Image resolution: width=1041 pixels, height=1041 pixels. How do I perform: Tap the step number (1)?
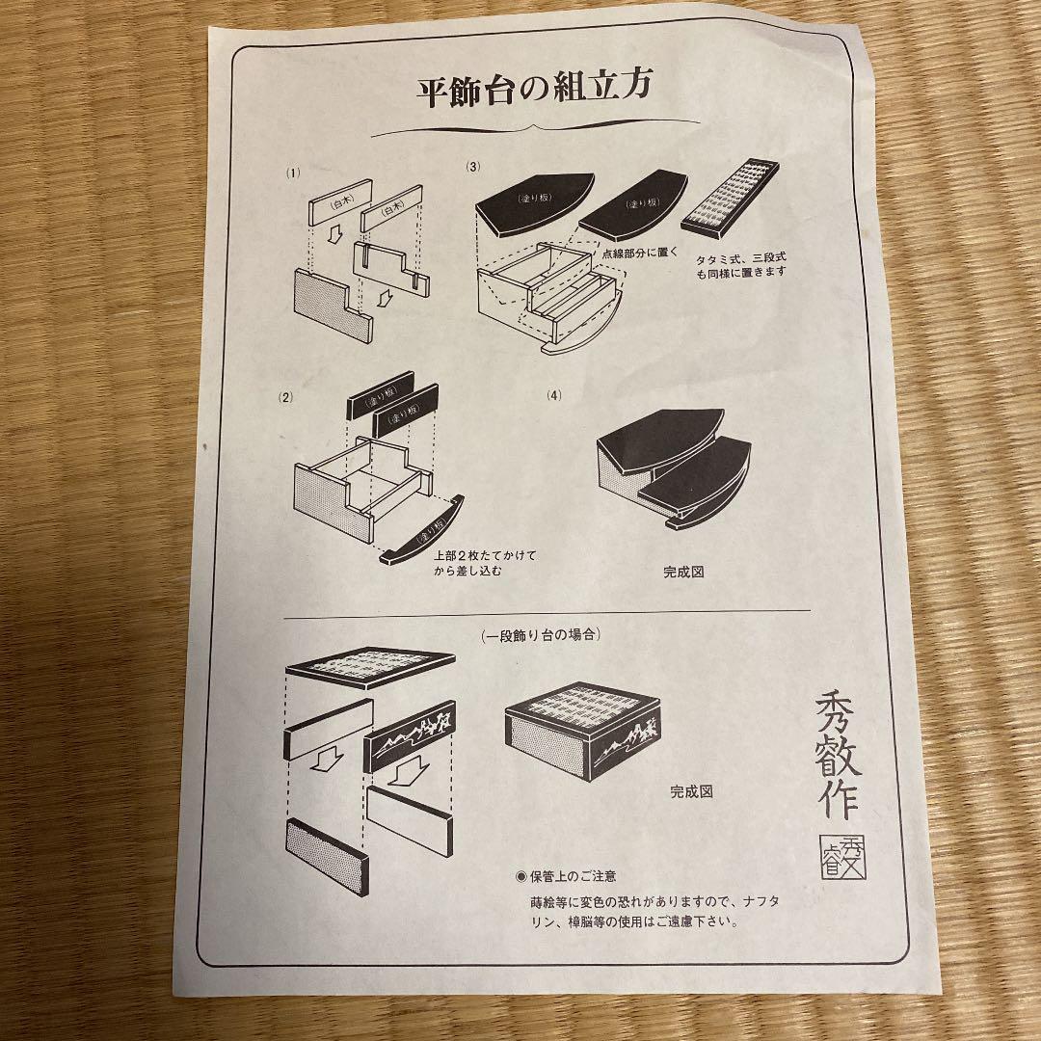[294, 173]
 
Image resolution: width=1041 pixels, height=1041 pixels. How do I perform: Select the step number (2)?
[285, 396]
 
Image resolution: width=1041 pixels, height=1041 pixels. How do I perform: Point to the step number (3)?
[472, 167]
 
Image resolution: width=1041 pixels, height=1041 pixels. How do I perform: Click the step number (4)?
[553, 395]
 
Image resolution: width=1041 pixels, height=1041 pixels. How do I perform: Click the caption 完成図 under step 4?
[683, 571]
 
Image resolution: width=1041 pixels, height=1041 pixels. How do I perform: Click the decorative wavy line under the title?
[535, 127]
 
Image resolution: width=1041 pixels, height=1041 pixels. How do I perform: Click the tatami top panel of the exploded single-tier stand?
[371, 667]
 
